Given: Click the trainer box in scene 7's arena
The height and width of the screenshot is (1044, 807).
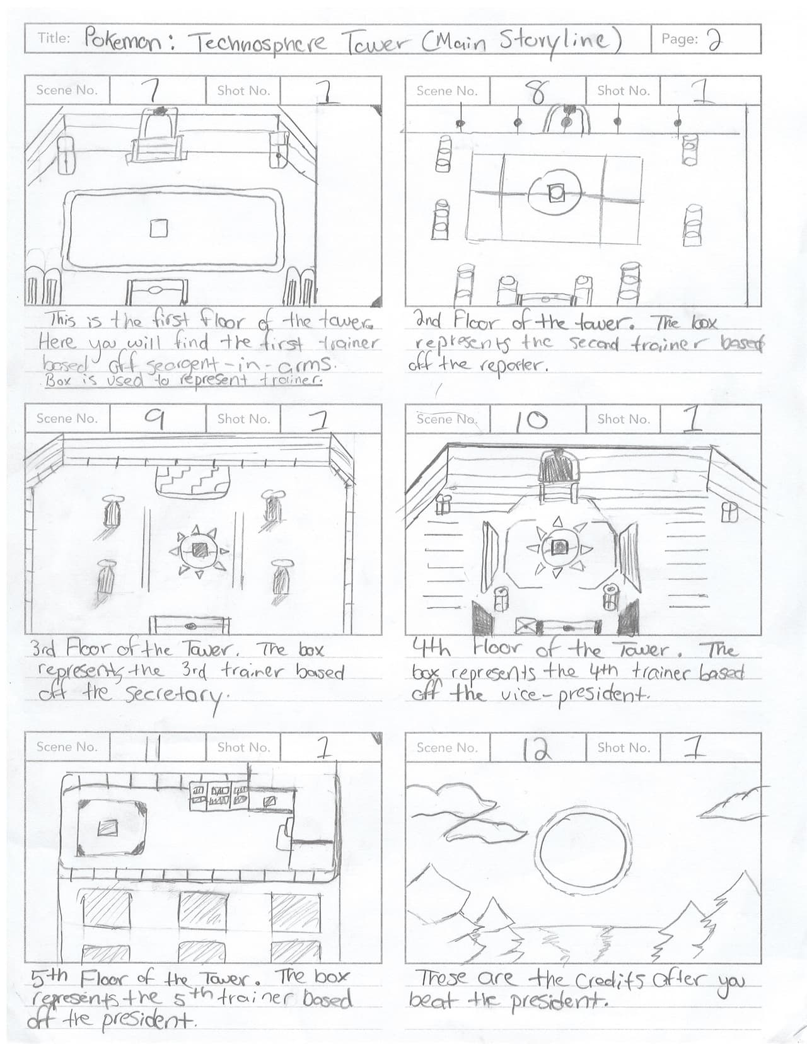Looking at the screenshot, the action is point(158,228).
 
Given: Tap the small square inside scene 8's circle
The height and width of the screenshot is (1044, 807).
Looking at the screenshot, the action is point(556,193).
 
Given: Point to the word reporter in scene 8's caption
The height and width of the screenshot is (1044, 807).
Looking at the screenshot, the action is point(513,366).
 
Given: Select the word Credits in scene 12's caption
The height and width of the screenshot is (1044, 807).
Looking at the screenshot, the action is point(609,980).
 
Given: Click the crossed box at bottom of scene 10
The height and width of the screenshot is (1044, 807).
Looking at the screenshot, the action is point(526,626).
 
